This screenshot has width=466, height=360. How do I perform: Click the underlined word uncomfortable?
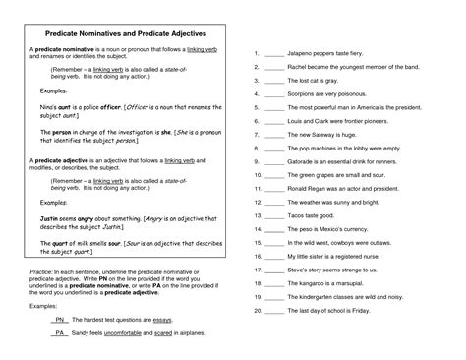coord(135,333)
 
